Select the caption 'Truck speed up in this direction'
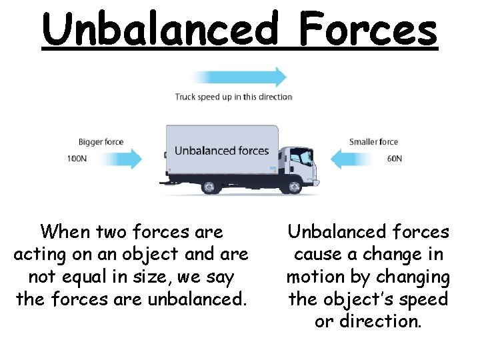point(233,97)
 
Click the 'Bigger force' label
point(101,142)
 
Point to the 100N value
point(76,159)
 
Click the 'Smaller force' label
point(373,142)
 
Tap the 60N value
point(394,159)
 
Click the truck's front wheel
point(291,187)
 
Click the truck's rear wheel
point(209,187)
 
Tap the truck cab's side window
point(303,158)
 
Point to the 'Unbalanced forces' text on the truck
point(221,151)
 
